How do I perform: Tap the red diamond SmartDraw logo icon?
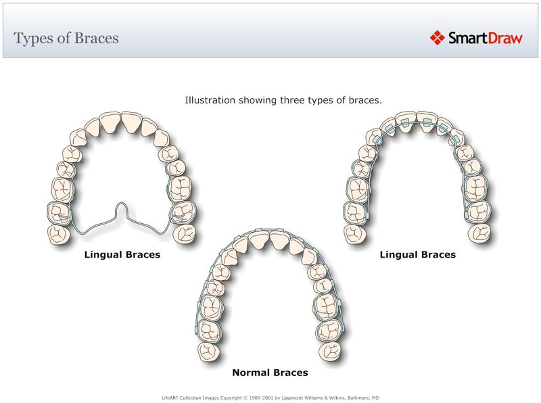point(437,38)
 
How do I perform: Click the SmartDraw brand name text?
point(485,38)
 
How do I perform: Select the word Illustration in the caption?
point(210,100)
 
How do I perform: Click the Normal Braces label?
point(270,373)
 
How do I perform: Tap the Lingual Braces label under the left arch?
point(122,255)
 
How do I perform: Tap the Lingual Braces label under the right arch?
point(417,255)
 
